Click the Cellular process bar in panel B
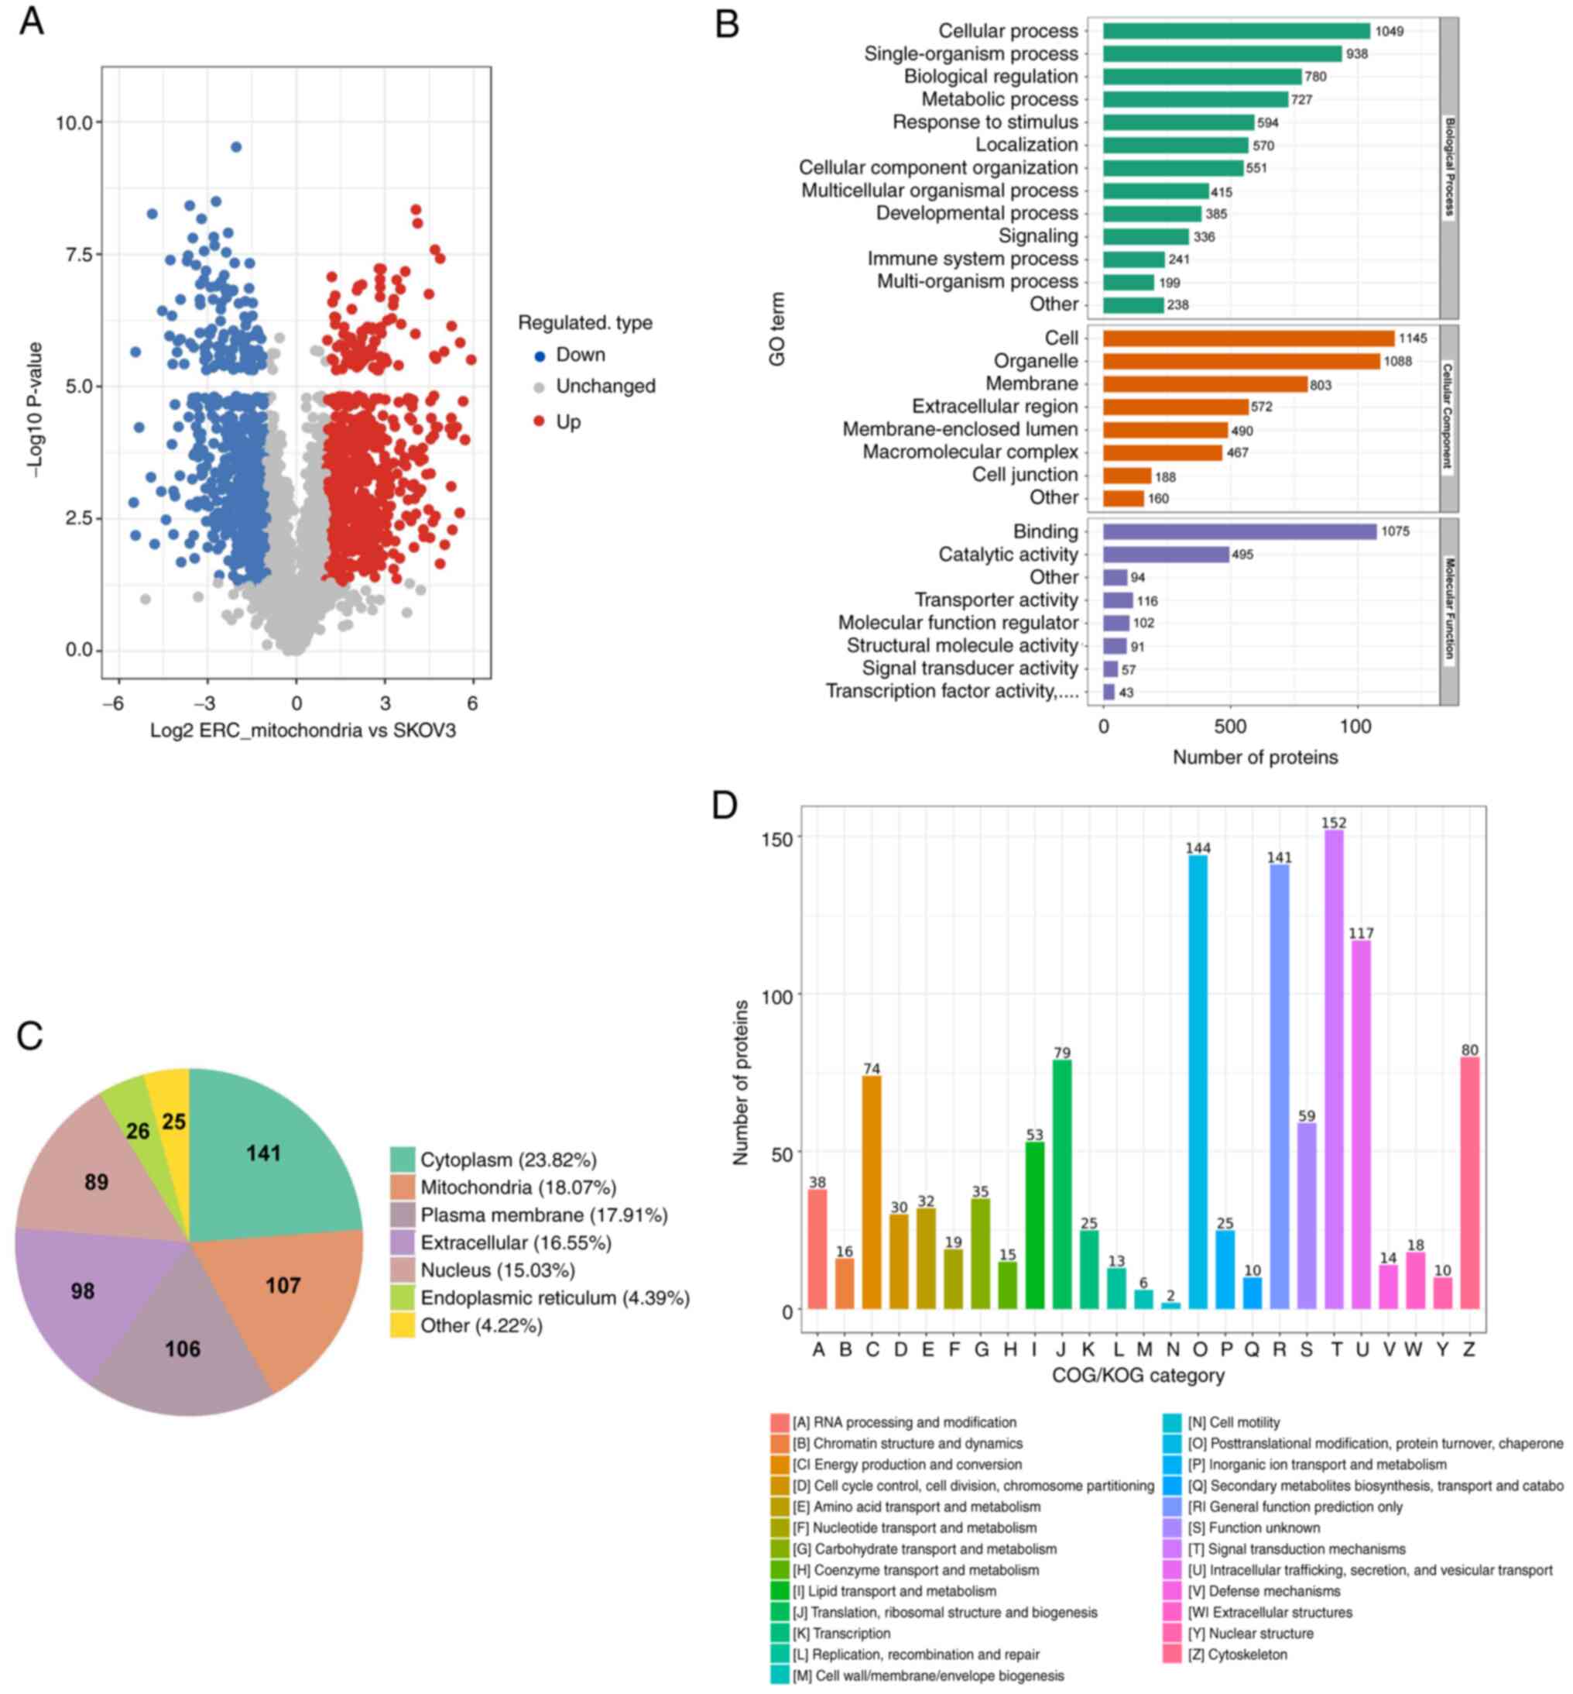(x=1236, y=32)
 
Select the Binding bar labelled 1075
(x=1239, y=531)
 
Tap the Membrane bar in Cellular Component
(x=1205, y=384)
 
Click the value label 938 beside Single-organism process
(x=1357, y=54)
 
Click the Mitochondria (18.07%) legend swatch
(x=403, y=1187)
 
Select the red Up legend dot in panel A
(x=539, y=421)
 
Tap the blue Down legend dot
(x=539, y=356)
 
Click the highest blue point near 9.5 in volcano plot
(x=237, y=147)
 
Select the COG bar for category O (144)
(x=1198, y=1081)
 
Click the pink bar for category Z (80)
(x=1469, y=1183)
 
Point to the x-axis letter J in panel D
(x=1061, y=1350)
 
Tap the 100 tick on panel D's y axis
(x=777, y=995)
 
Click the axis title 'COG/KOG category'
(x=1138, y=1376)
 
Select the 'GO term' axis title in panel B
(x=777, y=330)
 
